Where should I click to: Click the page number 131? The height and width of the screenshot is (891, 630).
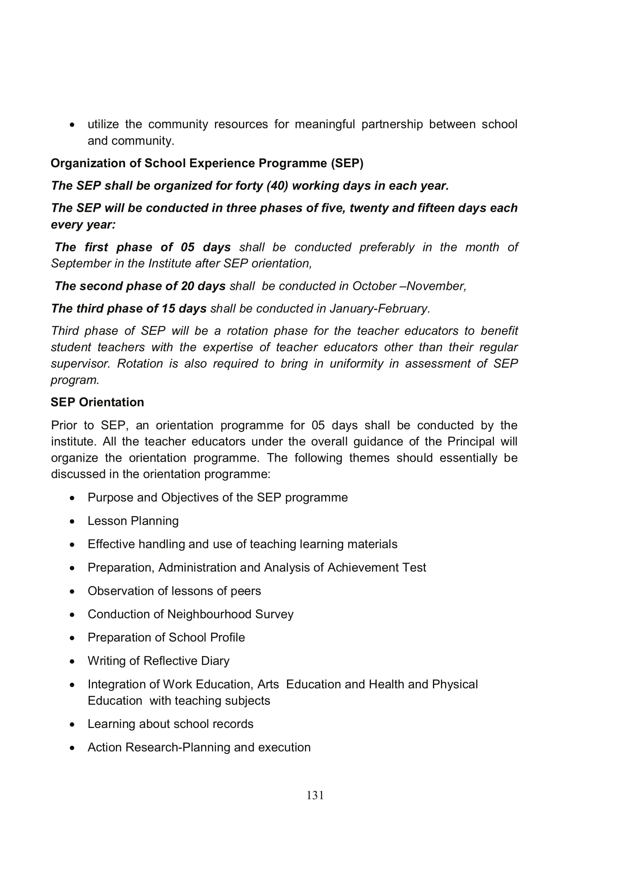(315, 795)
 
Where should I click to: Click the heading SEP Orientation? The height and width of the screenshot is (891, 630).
(97, 402)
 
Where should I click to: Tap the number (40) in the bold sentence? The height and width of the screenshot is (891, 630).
(277, 186)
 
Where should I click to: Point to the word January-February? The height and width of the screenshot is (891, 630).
(380, 309)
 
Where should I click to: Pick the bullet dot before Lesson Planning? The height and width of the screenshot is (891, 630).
(72, 521)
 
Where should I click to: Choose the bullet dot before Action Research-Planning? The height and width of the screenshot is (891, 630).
(72, 748)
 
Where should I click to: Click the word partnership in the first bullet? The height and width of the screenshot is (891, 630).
(392, 124)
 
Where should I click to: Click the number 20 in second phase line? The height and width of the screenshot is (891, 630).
(188, 286)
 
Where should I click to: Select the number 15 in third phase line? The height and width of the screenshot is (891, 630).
(168, 309)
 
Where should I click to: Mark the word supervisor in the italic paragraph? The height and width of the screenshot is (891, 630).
(80, 364)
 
